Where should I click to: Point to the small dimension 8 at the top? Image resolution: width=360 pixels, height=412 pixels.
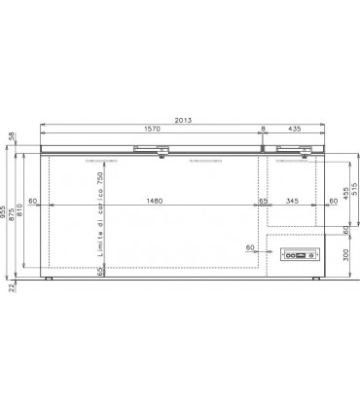point(263,129)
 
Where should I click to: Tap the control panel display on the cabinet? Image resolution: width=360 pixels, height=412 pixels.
point(297,255)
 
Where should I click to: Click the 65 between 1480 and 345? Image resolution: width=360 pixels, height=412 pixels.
point(263,202)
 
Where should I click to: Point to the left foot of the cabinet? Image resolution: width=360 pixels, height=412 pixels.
point(50,277)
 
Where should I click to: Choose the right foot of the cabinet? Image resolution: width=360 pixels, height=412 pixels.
point(316,277)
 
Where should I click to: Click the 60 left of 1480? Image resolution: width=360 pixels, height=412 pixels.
point(33,202)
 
